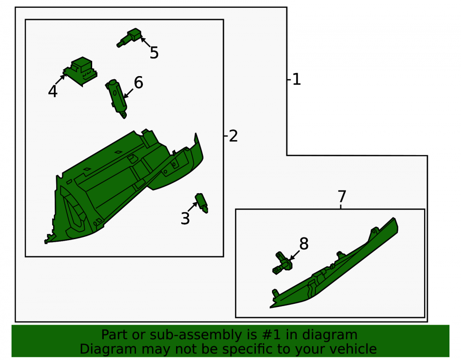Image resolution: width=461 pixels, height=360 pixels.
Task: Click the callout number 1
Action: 296,79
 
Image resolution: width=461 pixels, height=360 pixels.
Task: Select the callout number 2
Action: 233,136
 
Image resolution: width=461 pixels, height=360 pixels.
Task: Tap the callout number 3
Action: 185,218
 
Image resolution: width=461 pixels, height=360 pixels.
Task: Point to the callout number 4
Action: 53,91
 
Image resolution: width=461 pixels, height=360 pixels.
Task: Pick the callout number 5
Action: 154,53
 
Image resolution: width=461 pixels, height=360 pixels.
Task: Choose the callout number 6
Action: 138,83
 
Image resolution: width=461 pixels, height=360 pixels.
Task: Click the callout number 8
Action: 304,244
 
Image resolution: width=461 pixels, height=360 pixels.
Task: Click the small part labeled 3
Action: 202,203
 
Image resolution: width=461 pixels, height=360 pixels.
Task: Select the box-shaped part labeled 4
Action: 80,71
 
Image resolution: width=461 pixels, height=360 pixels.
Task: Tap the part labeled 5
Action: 130,38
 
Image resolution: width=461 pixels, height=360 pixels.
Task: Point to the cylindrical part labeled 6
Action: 117,98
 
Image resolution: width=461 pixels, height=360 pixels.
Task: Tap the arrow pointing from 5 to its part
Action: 146,42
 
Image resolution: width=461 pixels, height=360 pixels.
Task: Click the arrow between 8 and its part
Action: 295,255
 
